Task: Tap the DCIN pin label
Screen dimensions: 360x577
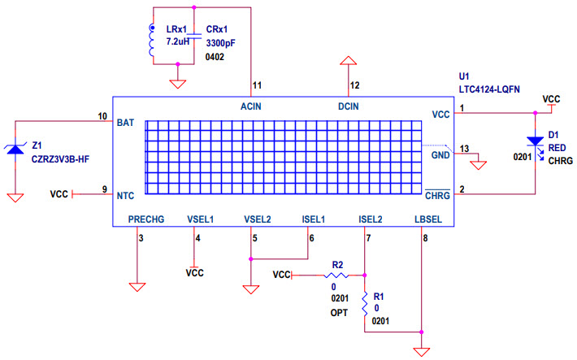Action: click(348, 106)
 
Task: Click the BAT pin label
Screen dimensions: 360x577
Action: click(125, 123)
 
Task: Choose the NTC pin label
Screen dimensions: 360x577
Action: click(125, 195)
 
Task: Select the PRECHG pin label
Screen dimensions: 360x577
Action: click(146, 218)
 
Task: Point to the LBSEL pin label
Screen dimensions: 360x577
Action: click(428, 218)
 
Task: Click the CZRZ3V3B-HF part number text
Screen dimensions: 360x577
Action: click(67, 158)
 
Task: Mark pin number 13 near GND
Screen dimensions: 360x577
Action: click(464, 149)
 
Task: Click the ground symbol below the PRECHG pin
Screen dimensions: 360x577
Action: click(137, 286)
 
